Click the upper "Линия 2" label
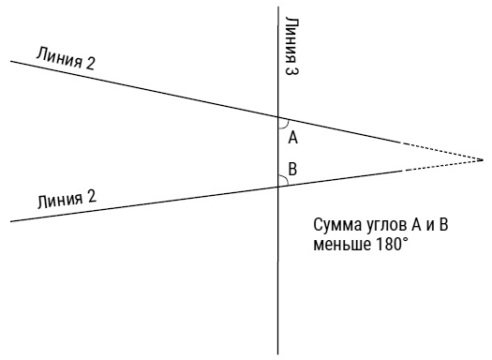66,58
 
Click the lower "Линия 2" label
67,200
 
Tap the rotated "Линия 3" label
291,46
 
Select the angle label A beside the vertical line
292,138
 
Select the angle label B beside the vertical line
292,169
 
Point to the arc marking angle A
286,126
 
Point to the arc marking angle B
285,178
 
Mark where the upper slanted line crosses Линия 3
278,117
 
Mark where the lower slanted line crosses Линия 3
278,187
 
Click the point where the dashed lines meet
483,160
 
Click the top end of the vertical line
278,7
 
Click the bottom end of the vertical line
278,354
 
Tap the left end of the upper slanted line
11,61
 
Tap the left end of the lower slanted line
11,221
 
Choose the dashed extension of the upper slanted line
442,152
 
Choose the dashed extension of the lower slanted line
442,165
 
